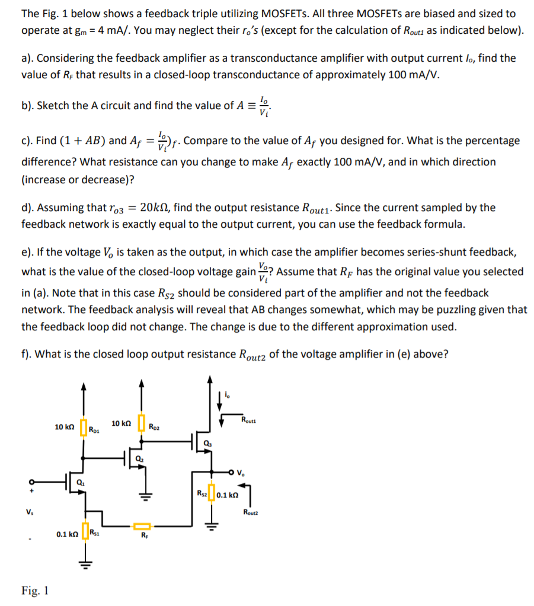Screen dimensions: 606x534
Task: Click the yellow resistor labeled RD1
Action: [x=82, y=428]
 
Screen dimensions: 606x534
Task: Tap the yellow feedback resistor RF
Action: [x=142, y=525]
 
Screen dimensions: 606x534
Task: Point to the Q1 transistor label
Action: [x=81, y=483]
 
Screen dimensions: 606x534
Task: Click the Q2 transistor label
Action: [x=139, y=458]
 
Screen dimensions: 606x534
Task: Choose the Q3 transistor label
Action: [x=207, y=444]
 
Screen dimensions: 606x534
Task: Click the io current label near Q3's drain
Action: [x=229, y=393]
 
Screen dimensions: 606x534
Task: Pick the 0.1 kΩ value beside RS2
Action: [x=228, y=495]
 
